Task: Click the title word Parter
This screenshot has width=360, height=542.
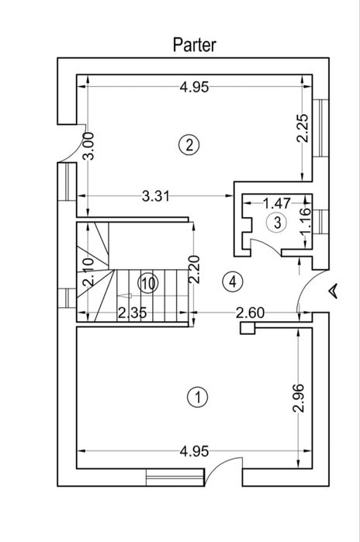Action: click(194, 45)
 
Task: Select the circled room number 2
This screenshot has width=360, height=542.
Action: click(189, 145)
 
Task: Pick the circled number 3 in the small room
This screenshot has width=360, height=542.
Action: click(277, 223)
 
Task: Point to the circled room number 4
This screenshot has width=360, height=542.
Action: click(233, 281)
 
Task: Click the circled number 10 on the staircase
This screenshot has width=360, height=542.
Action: click(148, 284)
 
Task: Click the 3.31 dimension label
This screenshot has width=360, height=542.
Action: click(156, 196)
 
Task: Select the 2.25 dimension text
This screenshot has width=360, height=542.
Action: click(302, 128)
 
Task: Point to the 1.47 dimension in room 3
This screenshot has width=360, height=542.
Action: click(277, 203)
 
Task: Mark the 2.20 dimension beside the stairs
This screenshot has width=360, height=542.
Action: click(194, 269)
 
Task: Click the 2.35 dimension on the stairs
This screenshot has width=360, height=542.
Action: click(133, 312)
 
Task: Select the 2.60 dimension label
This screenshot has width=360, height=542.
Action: click(250, 312)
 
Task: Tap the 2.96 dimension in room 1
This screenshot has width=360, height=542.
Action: click(298, 398)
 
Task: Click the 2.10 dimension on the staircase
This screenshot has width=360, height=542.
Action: click(88, 271)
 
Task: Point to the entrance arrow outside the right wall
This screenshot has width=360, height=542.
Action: click(334, 290)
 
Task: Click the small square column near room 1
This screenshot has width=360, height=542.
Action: click(247, 328)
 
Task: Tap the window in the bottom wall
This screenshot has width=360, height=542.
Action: click(175, 477)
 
